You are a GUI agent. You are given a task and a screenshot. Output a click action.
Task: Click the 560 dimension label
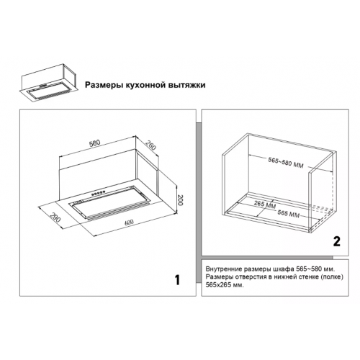[94, 143]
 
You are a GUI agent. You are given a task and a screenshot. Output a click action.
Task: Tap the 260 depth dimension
[150, 145]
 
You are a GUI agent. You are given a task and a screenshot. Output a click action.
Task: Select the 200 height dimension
[181, 200]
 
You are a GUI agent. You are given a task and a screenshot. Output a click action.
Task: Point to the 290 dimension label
[55, 217]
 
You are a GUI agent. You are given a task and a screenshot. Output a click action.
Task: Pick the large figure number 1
[177, 280]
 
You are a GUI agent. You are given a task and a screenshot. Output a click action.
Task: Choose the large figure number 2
[337, 241]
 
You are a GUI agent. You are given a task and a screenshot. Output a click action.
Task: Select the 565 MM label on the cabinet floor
[288, 214]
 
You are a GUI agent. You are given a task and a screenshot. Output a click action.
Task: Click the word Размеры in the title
[104, 85]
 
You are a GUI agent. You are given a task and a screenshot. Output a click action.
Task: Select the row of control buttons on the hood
[99, 193]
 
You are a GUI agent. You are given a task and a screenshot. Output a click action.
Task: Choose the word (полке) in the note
[333, 277]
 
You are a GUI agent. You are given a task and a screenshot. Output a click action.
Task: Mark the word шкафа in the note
[286, 269]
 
